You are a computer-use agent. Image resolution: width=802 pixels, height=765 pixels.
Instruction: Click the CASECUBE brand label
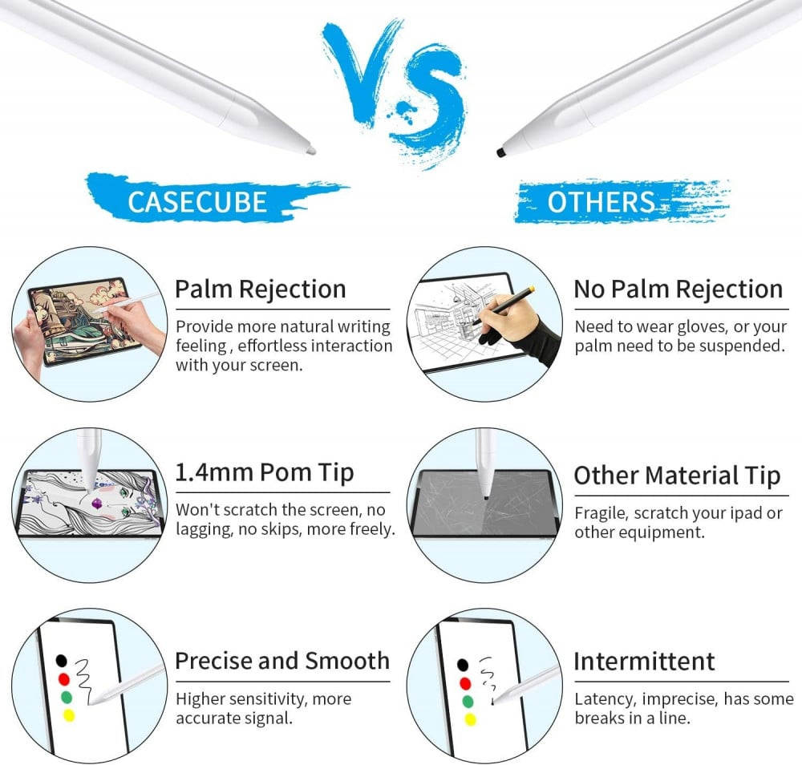pyautogui.click(x=197, y=201)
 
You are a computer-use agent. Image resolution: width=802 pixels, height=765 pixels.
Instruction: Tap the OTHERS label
pyautogui.click(x=601, y=202)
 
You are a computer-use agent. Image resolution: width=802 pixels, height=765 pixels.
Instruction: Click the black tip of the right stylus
pyautogui.click(x=500, y=152)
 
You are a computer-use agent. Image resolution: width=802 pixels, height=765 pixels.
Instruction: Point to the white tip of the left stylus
pyautogui.click(x=310, y=150)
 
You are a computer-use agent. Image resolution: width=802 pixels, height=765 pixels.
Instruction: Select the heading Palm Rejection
pyautogui.click(x=261, y=289)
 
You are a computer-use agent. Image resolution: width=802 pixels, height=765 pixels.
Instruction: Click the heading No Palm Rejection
pyautogui.click(x=678, y=289)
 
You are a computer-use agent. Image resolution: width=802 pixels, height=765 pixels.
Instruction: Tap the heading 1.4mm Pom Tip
pyautogui.click(x=264, y=472)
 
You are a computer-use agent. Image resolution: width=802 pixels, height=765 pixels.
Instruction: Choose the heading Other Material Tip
pyautogui.click(x=677, y=476)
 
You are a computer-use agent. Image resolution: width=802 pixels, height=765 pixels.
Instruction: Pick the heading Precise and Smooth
pyautogui.click(x=282, y=661)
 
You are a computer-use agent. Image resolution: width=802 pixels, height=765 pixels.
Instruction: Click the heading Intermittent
pyautogui.click(x=644, y=662)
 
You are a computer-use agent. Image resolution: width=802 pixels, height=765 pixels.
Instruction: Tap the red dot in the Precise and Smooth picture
pyautogui.click(x=64, y=679)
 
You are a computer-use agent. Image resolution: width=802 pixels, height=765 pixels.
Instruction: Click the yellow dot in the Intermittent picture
pyautogui.click(x=470, y=719)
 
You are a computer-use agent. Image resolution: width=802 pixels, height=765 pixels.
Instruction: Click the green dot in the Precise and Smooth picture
pyautogui.click(x=67, y=697)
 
